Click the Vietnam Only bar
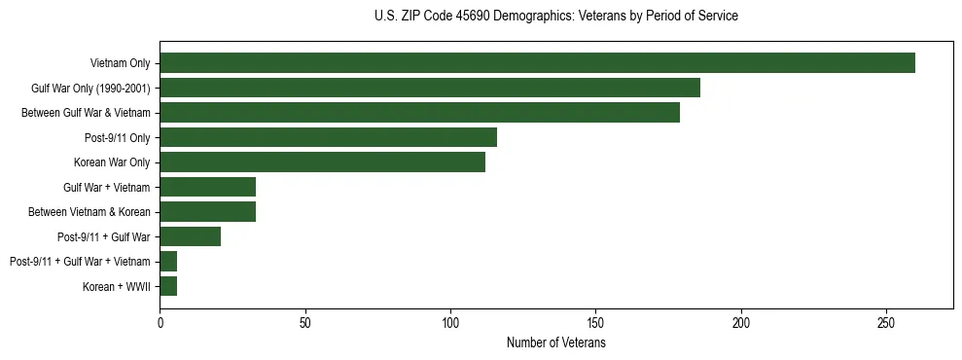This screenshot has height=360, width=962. tap(537, 63)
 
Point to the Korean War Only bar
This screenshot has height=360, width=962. tap(322, 162)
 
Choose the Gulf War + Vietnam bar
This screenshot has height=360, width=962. tap(207, 187)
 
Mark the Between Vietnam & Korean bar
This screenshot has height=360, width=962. tap(207, 211)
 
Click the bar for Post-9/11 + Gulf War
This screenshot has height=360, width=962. tap(190, 236)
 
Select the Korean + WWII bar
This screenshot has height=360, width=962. tap(168, 286)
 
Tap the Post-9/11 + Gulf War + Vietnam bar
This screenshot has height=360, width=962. tap(168, 261)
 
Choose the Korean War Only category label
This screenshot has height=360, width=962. tap(112, 162)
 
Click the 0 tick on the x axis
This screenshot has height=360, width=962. tap(160, 322)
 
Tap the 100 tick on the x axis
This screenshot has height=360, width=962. tap(450, 322)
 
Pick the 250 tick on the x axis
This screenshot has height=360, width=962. tap(886, 322)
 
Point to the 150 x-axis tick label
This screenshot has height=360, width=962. tap(595, 322)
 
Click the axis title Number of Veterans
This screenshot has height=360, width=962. tap(555, 342)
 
